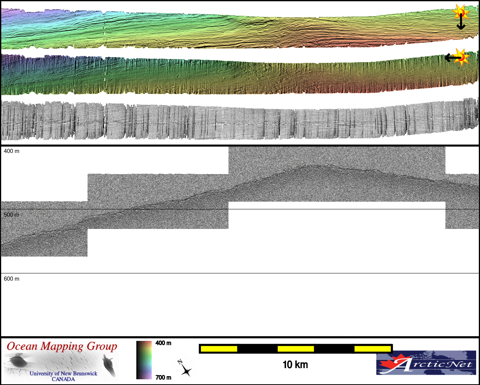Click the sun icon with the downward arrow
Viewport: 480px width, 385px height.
point(461,13)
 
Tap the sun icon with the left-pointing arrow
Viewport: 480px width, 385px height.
point(461,57)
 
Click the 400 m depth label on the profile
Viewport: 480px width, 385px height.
point(12,151)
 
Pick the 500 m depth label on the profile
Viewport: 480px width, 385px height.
point(12,215)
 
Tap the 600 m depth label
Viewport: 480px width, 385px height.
point(12,279)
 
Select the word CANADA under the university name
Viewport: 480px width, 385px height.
point(63,379)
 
